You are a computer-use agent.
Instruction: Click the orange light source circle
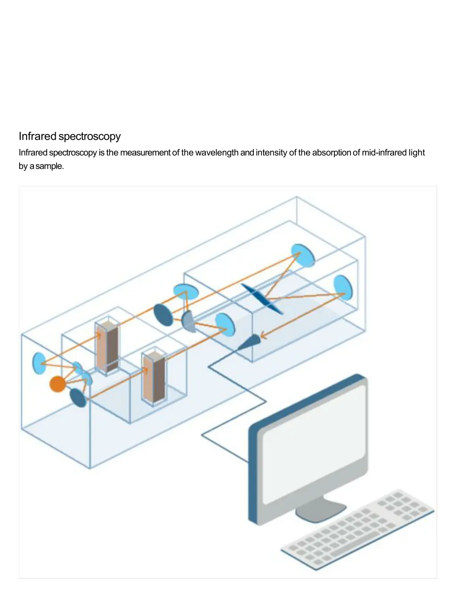click(57, 383)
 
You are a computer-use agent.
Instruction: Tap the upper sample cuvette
click(107, 346)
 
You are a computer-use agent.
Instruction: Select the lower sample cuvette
click(154, 376)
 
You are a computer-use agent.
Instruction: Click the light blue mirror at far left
click(39, 363)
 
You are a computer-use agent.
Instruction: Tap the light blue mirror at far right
click(342, 287)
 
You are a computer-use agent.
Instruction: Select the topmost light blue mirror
click(303, 255)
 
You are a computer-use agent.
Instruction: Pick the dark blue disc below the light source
click(78, 397)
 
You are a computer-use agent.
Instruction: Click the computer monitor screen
click(314, 444)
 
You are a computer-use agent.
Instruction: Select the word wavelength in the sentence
click(216, 153)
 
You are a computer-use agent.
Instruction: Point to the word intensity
click(271, 153)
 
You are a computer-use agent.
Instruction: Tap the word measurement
click(145, 153)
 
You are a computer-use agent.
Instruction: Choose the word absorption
click(331, 153)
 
